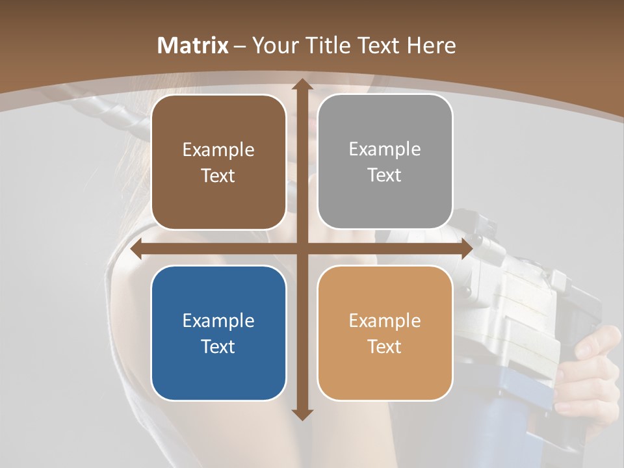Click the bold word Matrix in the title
(x=193, y=45)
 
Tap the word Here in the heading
(x=431, y=45)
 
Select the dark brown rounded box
(x=218, y=162)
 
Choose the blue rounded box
(x=218, y=333)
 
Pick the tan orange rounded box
(x=385, y=333)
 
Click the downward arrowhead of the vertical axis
(x=302, y=414)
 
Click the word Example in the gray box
(x=385, y=149)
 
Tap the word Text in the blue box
(x=218, y=346)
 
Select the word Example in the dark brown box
(x=218, y=149)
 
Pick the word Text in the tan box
(x=385, y=346)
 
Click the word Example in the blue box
(x=218, y=320)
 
